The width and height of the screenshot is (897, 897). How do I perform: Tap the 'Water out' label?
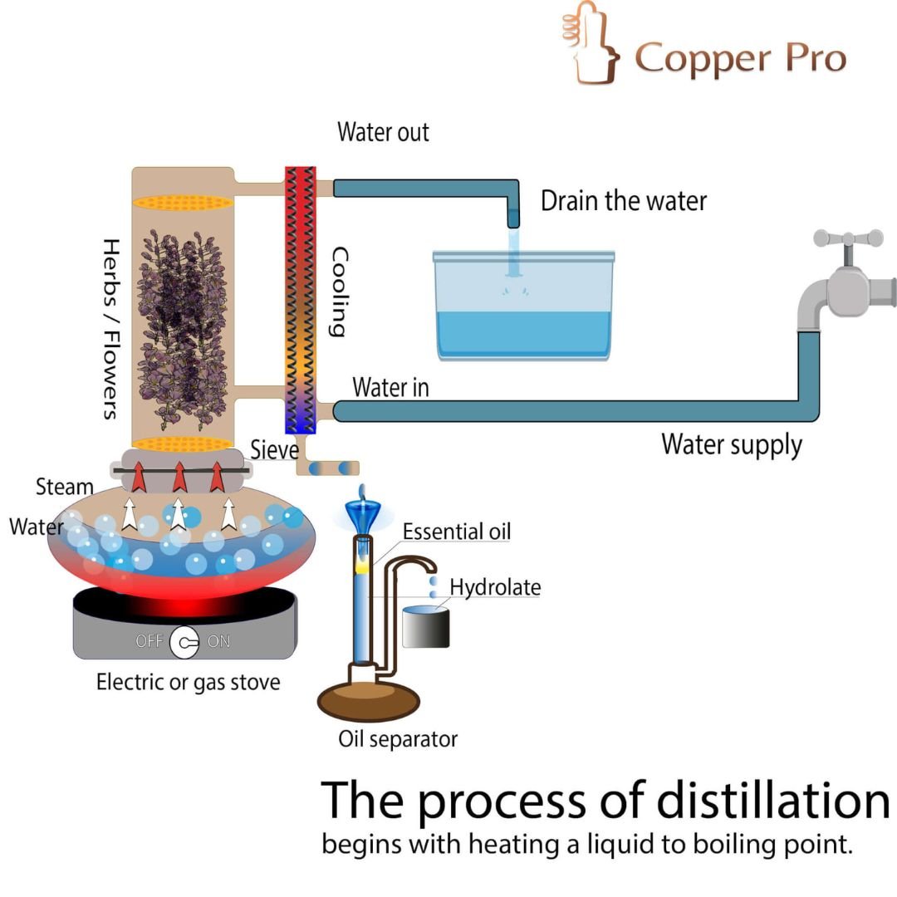pos(383,132)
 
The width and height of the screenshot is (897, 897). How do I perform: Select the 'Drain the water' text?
pos(624,200)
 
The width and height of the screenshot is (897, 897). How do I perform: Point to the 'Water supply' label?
pos(732,444)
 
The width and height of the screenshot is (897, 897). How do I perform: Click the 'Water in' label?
pos(390,387)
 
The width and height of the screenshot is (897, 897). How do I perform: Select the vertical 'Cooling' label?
pos(337,292)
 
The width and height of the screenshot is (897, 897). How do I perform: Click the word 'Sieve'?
pos(274,450)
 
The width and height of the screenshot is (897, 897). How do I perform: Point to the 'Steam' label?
pos(64,487)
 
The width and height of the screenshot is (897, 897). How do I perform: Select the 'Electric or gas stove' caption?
pos(189,683)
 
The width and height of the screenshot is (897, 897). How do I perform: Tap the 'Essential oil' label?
pos(456,532)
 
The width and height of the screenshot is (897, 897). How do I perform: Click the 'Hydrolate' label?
pos(495,588)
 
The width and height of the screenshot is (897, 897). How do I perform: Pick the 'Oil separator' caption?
pos(398,738)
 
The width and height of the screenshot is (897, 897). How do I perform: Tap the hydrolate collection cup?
pos(426,627)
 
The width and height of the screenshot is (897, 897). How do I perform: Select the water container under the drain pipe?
pos(524,307)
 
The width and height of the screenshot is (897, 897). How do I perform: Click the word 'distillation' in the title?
pos(773,801)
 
